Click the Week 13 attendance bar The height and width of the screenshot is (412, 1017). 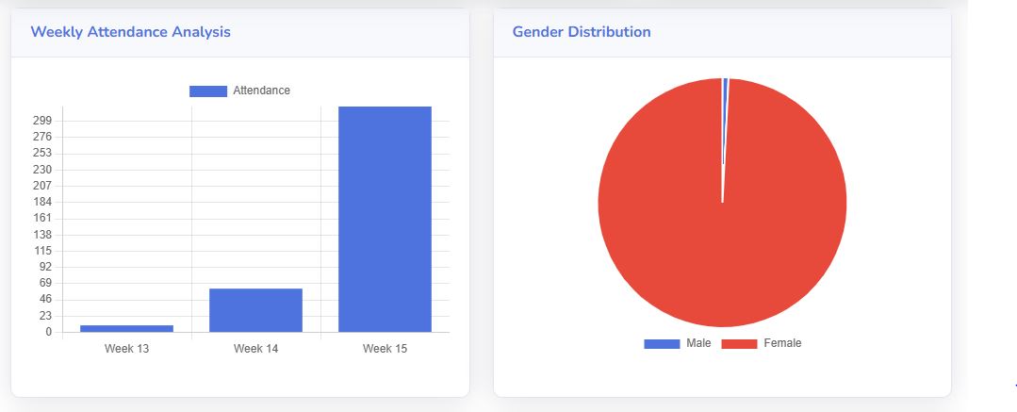click(126, 328)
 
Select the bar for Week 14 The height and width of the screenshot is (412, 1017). click(255, 310)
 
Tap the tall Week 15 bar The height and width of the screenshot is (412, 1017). click(385, 219)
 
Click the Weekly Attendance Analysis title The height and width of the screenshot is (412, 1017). click(130, 32)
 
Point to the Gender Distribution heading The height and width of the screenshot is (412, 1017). click(582, 32)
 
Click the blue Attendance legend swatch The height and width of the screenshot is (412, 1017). click(208, 91)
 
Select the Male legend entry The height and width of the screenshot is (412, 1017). click(678, 343)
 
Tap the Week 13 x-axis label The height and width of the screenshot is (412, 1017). click(126, 349)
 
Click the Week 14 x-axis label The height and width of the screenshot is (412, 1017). click(255, 349)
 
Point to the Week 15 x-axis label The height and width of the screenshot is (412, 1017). click(385, 349)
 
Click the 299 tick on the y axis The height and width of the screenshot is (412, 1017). click(41, 121)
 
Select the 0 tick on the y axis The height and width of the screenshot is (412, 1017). click(48, 332)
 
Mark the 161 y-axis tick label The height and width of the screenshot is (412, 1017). click(41, 218)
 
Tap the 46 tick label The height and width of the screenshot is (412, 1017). click(44, 300)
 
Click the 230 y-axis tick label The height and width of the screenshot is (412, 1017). click(41, 170)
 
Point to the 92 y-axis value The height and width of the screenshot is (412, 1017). click(44, 267)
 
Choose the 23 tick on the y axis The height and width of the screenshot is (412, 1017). click(44, 316)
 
